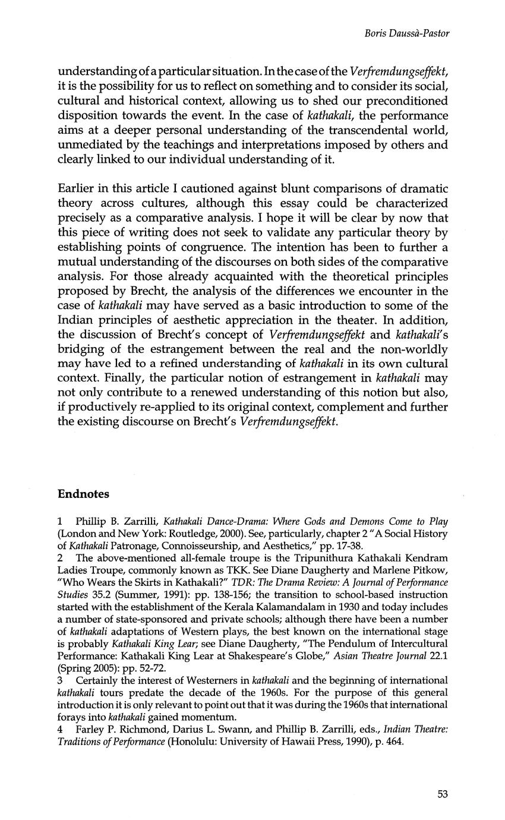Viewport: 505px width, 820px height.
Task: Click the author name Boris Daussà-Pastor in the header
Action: [x=407, y=33]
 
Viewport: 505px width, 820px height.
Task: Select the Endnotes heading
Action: [x=83, y=494]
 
